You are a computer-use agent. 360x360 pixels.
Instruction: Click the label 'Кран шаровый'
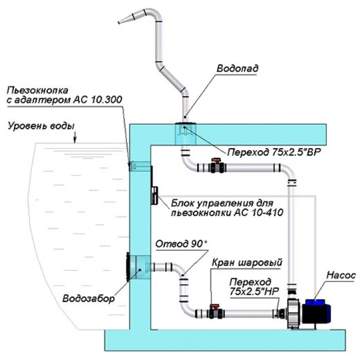[x=246, y=262]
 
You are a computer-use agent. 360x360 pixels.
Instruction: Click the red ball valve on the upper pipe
[x=216, y=167]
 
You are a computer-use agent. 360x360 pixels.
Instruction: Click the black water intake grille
[x=127, y=267]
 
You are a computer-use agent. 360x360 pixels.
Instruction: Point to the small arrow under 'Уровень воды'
[x=75, y=137]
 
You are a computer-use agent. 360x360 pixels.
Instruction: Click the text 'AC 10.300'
[x=98, y=99]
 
